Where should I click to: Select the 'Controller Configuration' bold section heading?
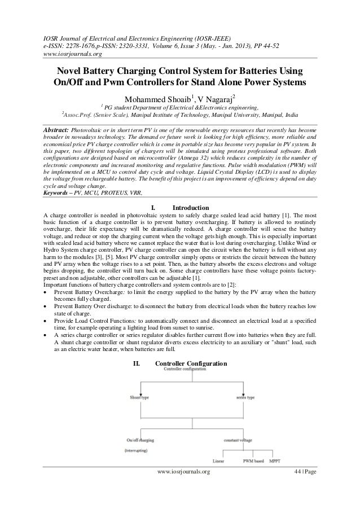tap(191, 363)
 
